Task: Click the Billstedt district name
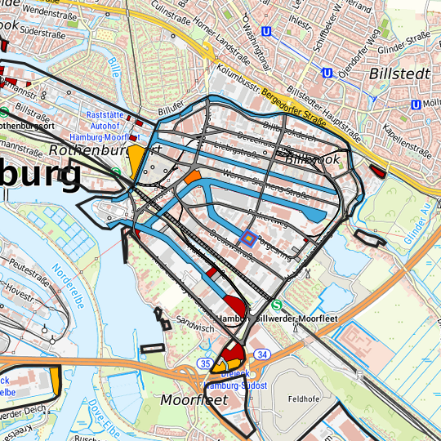click(394, 73)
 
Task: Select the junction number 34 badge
click(261, 354)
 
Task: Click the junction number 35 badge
click(205, 363)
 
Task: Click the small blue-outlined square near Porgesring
click(247, 238)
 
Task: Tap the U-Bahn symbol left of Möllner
click(416, 104)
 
